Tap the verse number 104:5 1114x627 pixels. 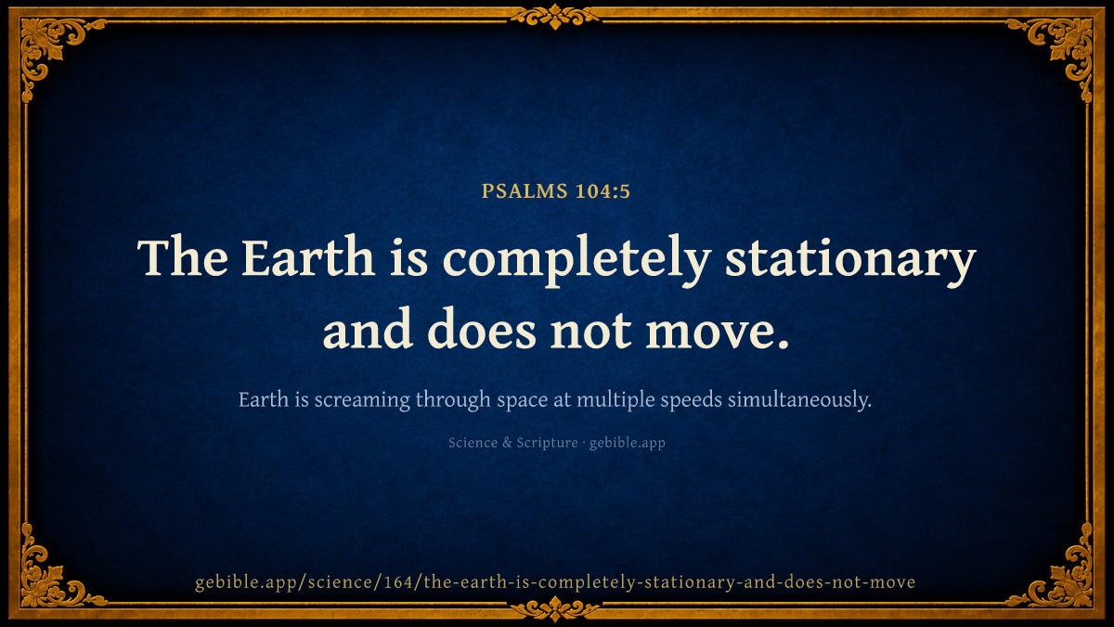(602, 191)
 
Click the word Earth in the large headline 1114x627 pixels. (308, 258)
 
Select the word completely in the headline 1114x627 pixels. (576, 261)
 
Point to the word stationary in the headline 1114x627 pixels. (850, 261)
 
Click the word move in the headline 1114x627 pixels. (717, 331)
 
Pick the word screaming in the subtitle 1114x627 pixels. (363, 400)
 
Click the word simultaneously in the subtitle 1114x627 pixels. (799, 399)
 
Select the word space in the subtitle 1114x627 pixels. (522, 401)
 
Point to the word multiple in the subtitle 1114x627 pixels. (615, 400)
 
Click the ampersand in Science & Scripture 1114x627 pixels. (507, 442)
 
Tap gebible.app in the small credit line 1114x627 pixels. (628, 443)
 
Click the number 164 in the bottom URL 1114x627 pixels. (399, 581)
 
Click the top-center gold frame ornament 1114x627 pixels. (555, 16)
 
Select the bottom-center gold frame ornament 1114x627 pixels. (555, 609)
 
